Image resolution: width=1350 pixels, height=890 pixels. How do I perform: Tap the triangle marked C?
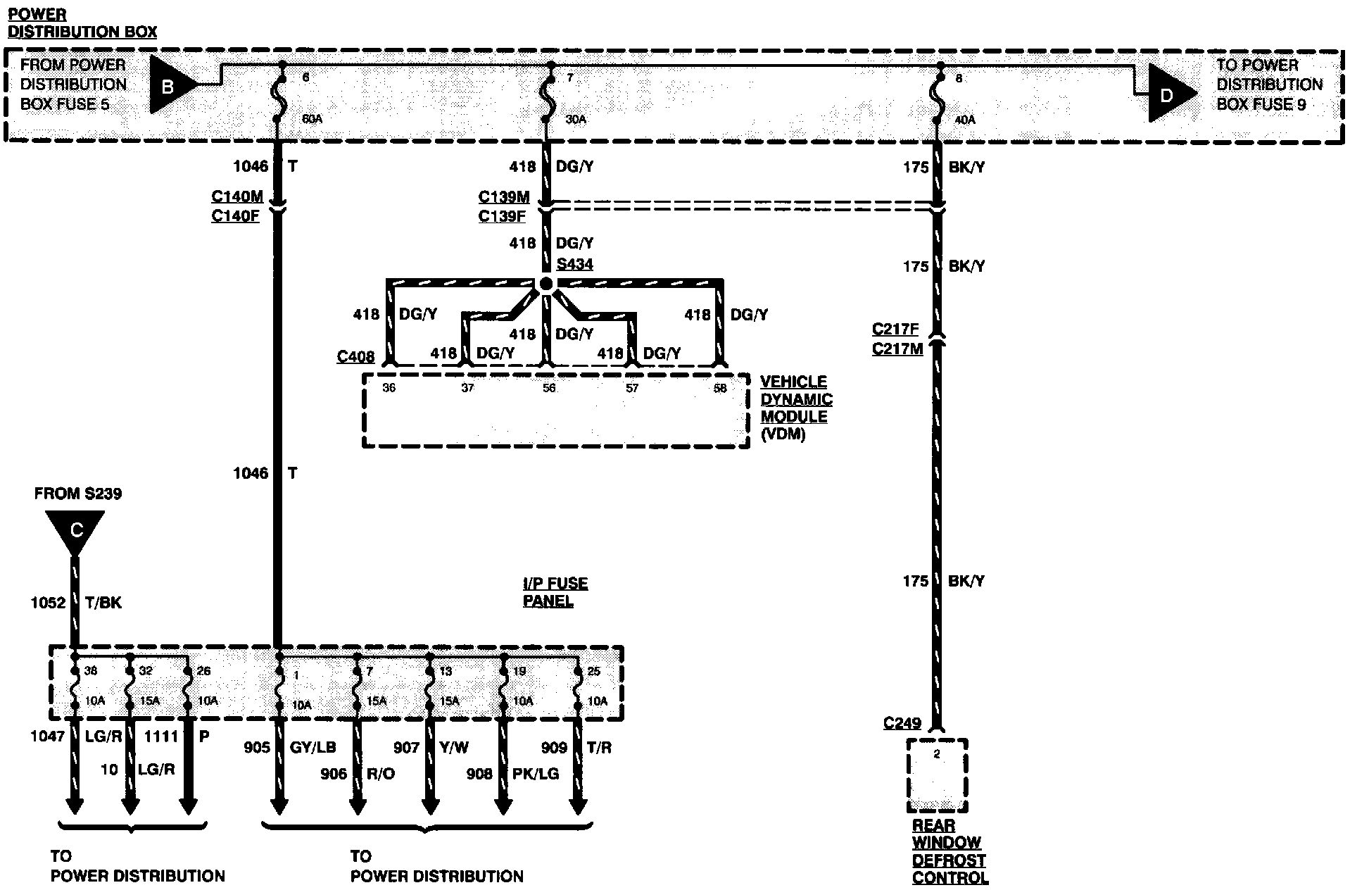coord(75,530)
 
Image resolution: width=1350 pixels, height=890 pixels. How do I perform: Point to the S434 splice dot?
coord(546,284)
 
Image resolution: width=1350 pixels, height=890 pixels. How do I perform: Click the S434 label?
coord(574,265)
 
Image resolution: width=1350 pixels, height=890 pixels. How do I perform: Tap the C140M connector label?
coord(236,196)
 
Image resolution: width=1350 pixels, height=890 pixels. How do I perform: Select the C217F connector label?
coord(895,329)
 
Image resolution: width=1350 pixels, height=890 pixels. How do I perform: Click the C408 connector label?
coord(355,356)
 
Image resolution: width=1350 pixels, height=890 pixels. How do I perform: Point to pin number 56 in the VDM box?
coord(549,388)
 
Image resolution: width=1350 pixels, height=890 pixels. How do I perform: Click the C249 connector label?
coord(902,723)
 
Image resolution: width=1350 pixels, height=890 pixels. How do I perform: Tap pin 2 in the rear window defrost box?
coord(937,754)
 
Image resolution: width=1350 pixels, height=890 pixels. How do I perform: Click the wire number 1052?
coord(48,603)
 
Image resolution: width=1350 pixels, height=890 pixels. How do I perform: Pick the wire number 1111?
coord(161,737)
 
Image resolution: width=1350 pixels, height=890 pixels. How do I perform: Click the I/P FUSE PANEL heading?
coord(555,592)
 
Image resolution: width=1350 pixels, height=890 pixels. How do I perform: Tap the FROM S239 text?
coord(77,494)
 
